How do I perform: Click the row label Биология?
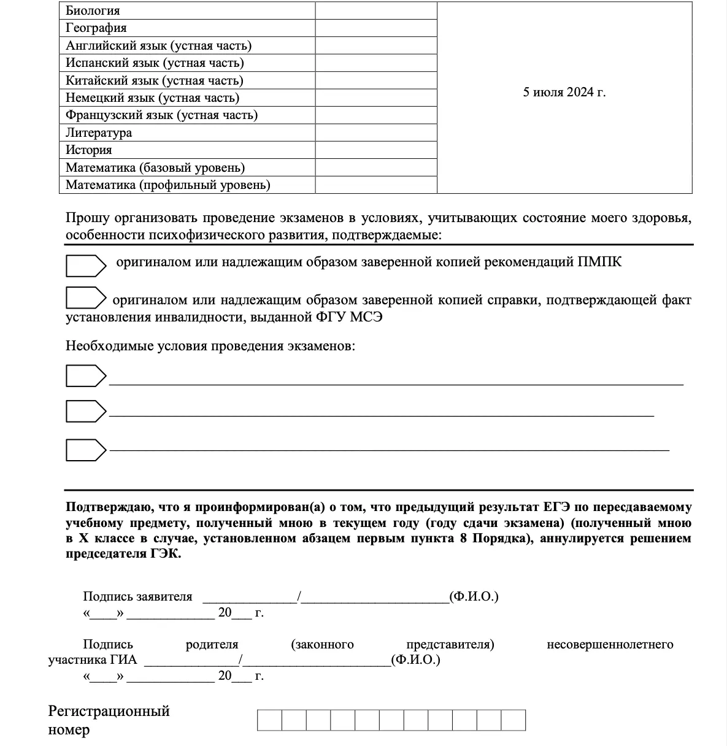tap(93, 11)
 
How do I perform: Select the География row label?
tap(96, 28)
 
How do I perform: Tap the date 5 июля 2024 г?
tap(564, 92)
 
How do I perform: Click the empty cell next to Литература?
tap(376, 133)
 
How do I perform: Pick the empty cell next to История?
tap(376, 150)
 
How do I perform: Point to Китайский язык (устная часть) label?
tap(154, 80)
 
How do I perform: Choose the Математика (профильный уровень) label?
tap(167, 185)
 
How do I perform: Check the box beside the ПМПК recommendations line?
tap(85, 265)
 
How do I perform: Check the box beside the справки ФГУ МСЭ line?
tap(85, 298)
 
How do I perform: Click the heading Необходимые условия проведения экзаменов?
tap(210, 346)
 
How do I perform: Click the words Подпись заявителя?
tap(137, 596)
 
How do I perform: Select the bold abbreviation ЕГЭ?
tap(556, 507)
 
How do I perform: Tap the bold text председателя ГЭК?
tap(123, 553)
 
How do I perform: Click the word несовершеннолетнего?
tap(610, 644)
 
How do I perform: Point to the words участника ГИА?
tap(93, 660)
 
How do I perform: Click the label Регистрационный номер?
tap(109, 720)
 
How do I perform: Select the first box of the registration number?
tap(269, 720)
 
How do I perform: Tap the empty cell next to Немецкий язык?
tap(376, 98)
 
